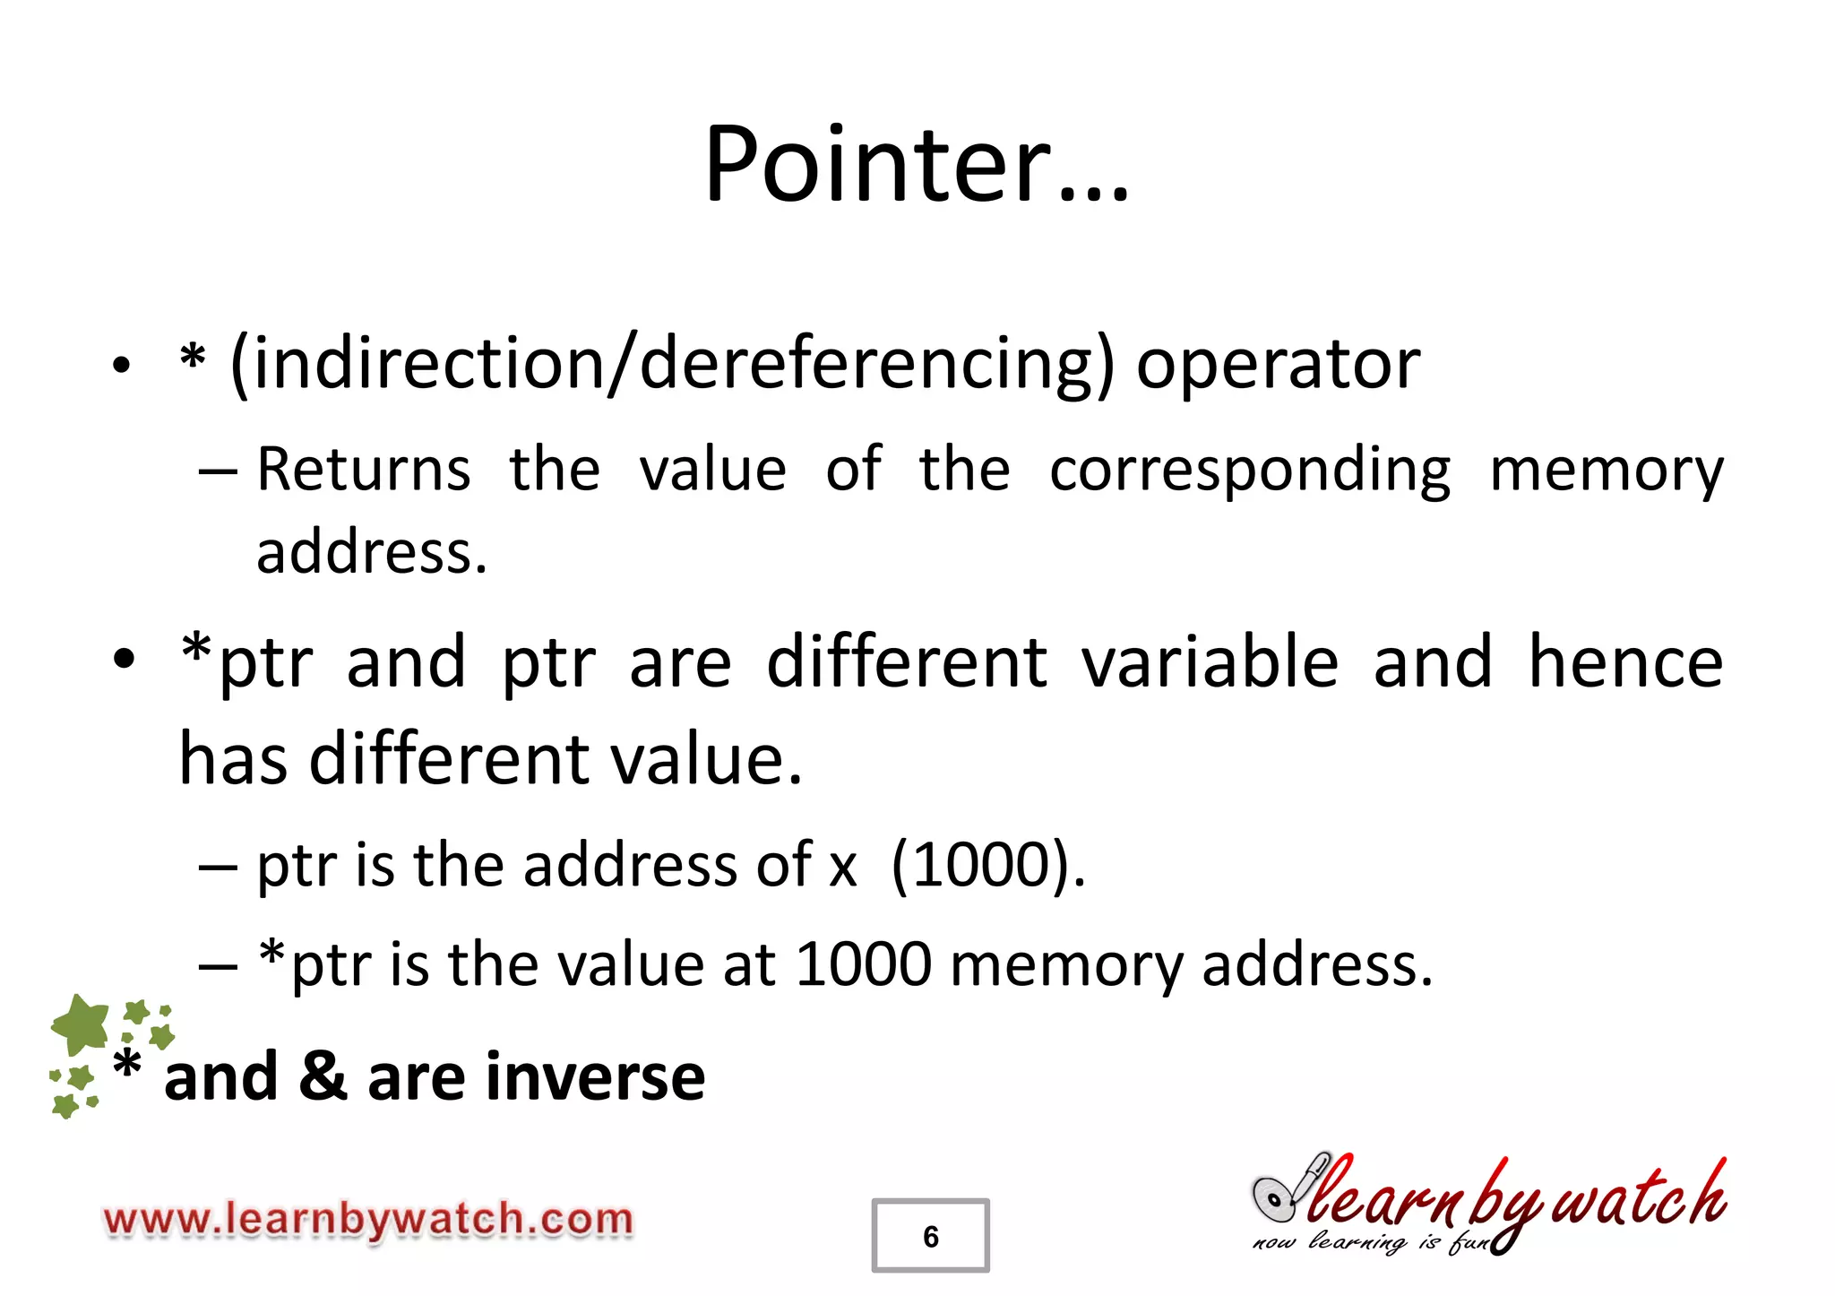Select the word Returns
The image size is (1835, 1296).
point(363,470)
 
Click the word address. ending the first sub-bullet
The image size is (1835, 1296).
point(372,552)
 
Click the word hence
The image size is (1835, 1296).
point(1624,661)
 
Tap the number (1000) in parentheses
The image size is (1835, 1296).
point(987,866)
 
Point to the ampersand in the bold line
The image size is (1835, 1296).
point(323,1076)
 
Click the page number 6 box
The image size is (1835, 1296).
point(930,1236)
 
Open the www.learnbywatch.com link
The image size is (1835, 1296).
point(368,1220)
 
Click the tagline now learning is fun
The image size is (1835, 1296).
point(1371,1242)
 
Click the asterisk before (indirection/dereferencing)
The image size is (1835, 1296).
point(192,359)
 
